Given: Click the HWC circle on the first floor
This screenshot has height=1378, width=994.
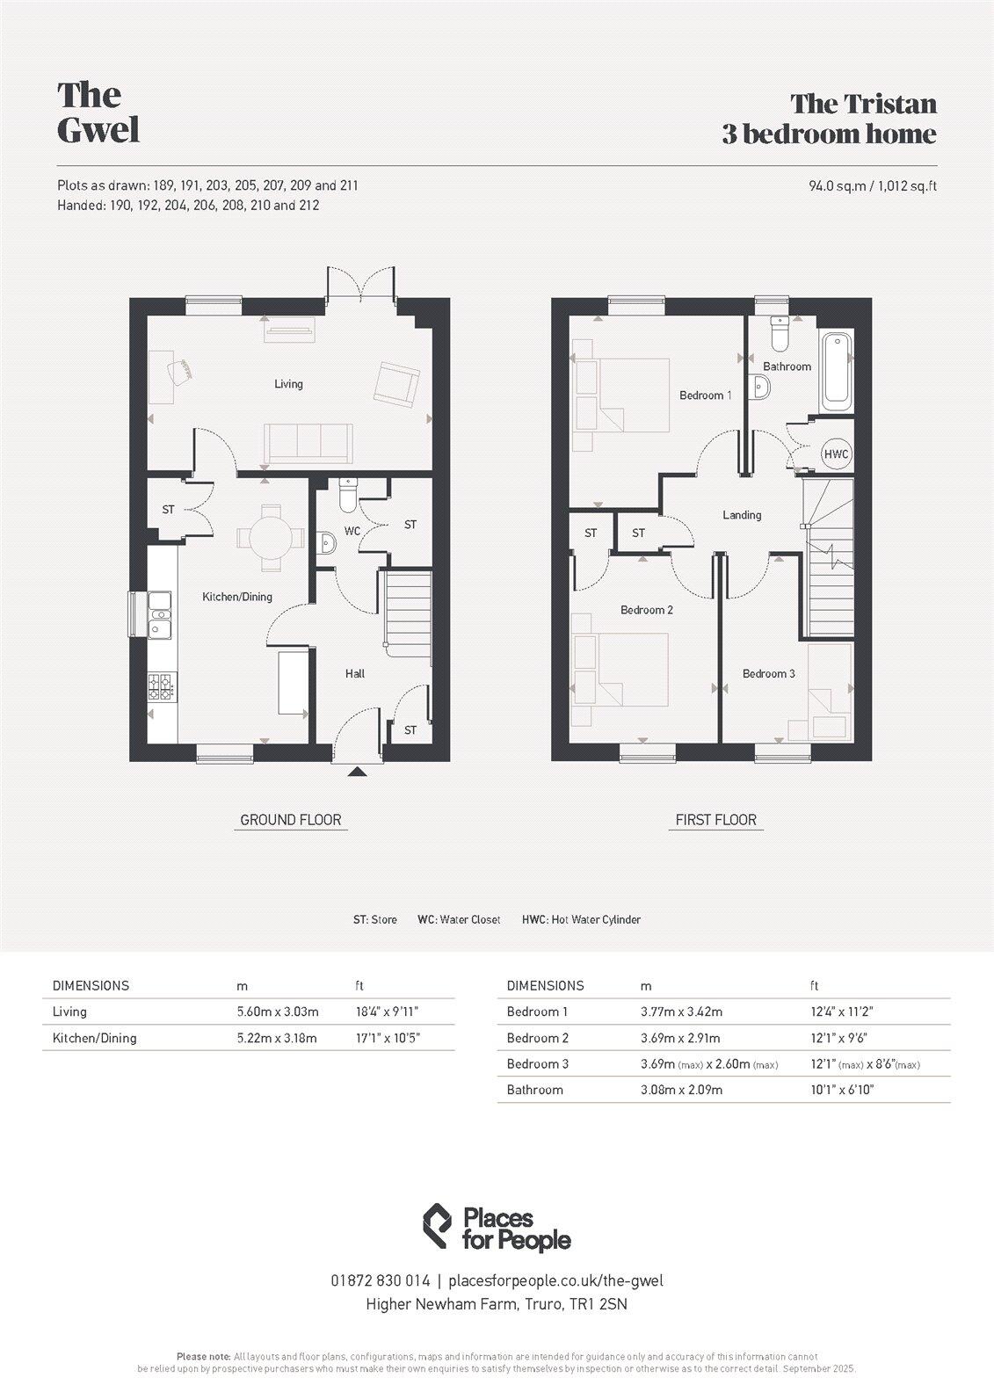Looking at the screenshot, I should pyautogui.click(x=836, y=454).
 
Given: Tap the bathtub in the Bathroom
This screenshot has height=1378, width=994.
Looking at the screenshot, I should pyautogui.click(x=837, y=370).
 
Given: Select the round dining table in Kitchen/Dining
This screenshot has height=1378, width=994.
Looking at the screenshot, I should pyautogui.click(x=272, y=535).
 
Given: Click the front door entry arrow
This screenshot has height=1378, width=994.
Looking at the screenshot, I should pyautogui.click(x=356, y=772).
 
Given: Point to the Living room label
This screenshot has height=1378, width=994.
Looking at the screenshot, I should pyautogui.click(x=288, y=384).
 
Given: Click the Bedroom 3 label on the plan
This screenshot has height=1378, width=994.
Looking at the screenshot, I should pyautogui.click(x=768, y=674).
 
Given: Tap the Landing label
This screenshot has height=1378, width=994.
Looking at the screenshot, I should pyautogui.click(x=742, y=515).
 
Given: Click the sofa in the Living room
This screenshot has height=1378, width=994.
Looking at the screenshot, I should pyautogui.click(x=308, y=442).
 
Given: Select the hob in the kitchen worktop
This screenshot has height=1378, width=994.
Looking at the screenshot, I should pyautogui.click(x=162, y=685).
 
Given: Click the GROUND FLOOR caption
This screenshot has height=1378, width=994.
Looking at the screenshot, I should pyautogui.click(x=291, y=820).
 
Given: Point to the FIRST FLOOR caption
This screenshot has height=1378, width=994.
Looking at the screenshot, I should pyautogui.click(x=715, y=820).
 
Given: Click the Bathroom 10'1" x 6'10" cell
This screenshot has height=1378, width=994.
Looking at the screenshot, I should pyautogui.click(x=842, y=1090).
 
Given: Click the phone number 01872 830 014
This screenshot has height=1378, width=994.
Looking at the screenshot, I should pyautogui.click(x=381, y=1280).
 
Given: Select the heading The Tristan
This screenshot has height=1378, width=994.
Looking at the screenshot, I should pyautogui.click(x=863, y=104).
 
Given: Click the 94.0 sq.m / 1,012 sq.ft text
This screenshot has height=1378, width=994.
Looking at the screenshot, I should pyautogui.click(x=872, y=185).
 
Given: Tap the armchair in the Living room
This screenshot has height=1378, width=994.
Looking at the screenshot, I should pyautogui.click(x=395, y=383).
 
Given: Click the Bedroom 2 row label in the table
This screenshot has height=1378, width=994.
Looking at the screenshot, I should pyautogui.click(x=538, y=1038).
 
